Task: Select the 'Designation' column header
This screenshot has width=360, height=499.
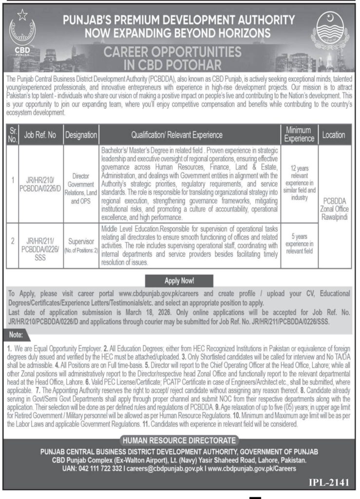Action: coord(81,135)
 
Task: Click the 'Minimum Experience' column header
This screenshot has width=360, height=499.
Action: coord(299,135)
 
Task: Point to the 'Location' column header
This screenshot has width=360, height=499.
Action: coord(334,135)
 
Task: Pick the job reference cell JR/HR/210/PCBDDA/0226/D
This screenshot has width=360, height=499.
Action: coord(42,183)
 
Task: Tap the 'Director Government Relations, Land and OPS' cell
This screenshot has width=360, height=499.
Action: coord(81,183)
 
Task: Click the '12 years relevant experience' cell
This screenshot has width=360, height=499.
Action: coord(299,182)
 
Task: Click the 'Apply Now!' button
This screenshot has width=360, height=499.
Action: coord(180,281)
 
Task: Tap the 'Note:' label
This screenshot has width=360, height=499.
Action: coord(19,334)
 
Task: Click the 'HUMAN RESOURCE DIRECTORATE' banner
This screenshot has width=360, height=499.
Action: coord(180,441)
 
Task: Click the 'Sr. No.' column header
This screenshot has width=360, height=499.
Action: coord(13,135)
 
